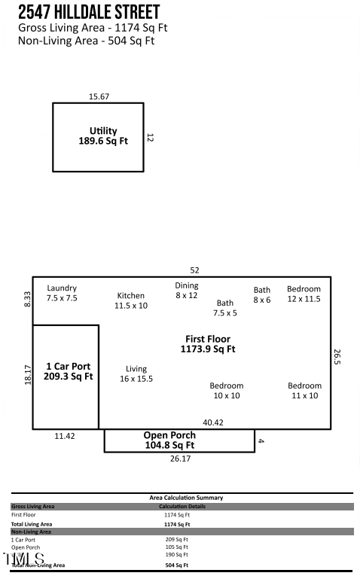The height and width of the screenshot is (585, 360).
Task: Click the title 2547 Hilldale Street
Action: point(89,13)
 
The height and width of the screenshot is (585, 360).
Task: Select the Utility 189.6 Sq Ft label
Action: point(103,136)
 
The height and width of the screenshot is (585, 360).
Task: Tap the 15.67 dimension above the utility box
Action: point(99,96)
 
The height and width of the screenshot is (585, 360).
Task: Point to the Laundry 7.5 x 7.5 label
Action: point(62,293)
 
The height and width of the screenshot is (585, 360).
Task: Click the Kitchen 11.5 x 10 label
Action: point(131,300)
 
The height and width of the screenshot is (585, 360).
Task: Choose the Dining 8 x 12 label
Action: point(187,290)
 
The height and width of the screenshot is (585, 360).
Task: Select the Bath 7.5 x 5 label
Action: point(225,308)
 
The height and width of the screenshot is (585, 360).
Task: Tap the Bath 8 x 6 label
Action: point(261,294)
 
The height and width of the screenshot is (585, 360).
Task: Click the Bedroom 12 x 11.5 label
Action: point(304,294)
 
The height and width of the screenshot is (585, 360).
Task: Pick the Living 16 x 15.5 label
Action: point(136,373)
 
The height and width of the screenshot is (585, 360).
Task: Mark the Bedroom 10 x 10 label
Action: point(226,390)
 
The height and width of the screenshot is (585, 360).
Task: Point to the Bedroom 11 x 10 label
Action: point(304,390)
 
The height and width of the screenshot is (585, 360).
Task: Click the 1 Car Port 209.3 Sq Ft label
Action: point(68,371)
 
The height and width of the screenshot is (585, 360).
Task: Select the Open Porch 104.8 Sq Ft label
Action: point(169,440)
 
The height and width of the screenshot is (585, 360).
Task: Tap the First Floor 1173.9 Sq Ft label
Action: point(208,344)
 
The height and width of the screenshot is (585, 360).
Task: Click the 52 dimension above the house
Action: point(195,270)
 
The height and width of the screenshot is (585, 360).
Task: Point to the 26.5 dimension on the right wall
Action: point(337,357)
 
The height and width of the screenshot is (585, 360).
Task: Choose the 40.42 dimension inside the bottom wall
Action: point(213,422)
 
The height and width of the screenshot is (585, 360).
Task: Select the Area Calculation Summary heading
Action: point(186,498)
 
